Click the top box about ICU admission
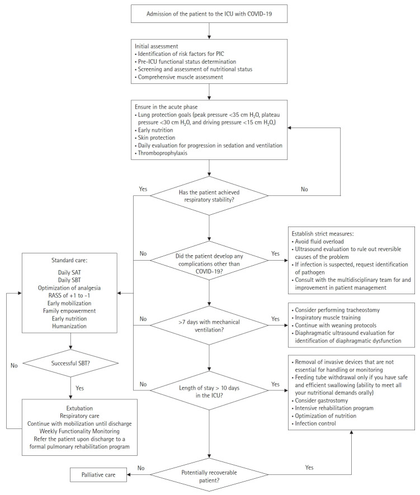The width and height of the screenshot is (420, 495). (x=209, y=13)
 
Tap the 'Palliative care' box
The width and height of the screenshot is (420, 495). (x=98, y=475)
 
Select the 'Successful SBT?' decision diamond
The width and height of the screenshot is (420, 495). (x=70, y=363)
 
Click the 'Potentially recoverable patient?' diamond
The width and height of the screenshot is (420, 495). (x=209, y=474)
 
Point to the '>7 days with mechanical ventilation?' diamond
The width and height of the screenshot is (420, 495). (x=209, y=326)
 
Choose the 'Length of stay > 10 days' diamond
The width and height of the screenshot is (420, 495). (x=209, y=391)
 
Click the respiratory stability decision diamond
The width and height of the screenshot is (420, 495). (x=209, y=196)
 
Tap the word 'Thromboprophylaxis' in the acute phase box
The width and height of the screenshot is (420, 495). (x=163, y=153)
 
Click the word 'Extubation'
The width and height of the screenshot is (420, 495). (x=79, y=408)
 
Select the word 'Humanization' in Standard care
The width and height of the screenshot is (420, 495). (x=69, y=326)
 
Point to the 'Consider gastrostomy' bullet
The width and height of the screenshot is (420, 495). (x=320, y=400)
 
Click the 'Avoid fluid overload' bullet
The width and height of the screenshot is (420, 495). (x=318, y=242)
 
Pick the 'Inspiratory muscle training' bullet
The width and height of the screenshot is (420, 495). (x=326, y=318)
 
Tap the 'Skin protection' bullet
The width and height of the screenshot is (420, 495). (x=155, y=138)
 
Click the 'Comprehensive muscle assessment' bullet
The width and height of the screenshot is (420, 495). (x=179, y=77)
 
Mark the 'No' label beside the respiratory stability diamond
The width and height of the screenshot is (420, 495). (x=304, y=189)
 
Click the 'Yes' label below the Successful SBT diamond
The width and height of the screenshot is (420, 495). (x=79, y=388)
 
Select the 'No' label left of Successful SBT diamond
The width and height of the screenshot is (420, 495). (x=14, y=365)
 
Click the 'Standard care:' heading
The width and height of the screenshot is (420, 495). (x=69, y=261)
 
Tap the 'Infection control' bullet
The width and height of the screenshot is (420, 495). (x=314, y=423)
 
